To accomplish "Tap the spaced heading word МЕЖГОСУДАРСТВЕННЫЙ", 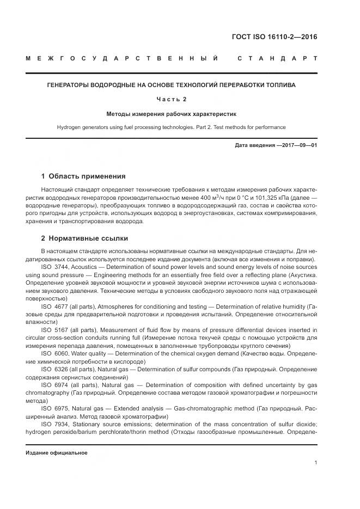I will point(122,58).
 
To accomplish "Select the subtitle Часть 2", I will point(172,100).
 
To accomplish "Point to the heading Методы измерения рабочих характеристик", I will point(172,114).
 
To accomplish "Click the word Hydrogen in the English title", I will point(69,127).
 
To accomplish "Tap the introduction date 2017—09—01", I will point(297,146).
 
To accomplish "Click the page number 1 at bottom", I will point(316,463).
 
